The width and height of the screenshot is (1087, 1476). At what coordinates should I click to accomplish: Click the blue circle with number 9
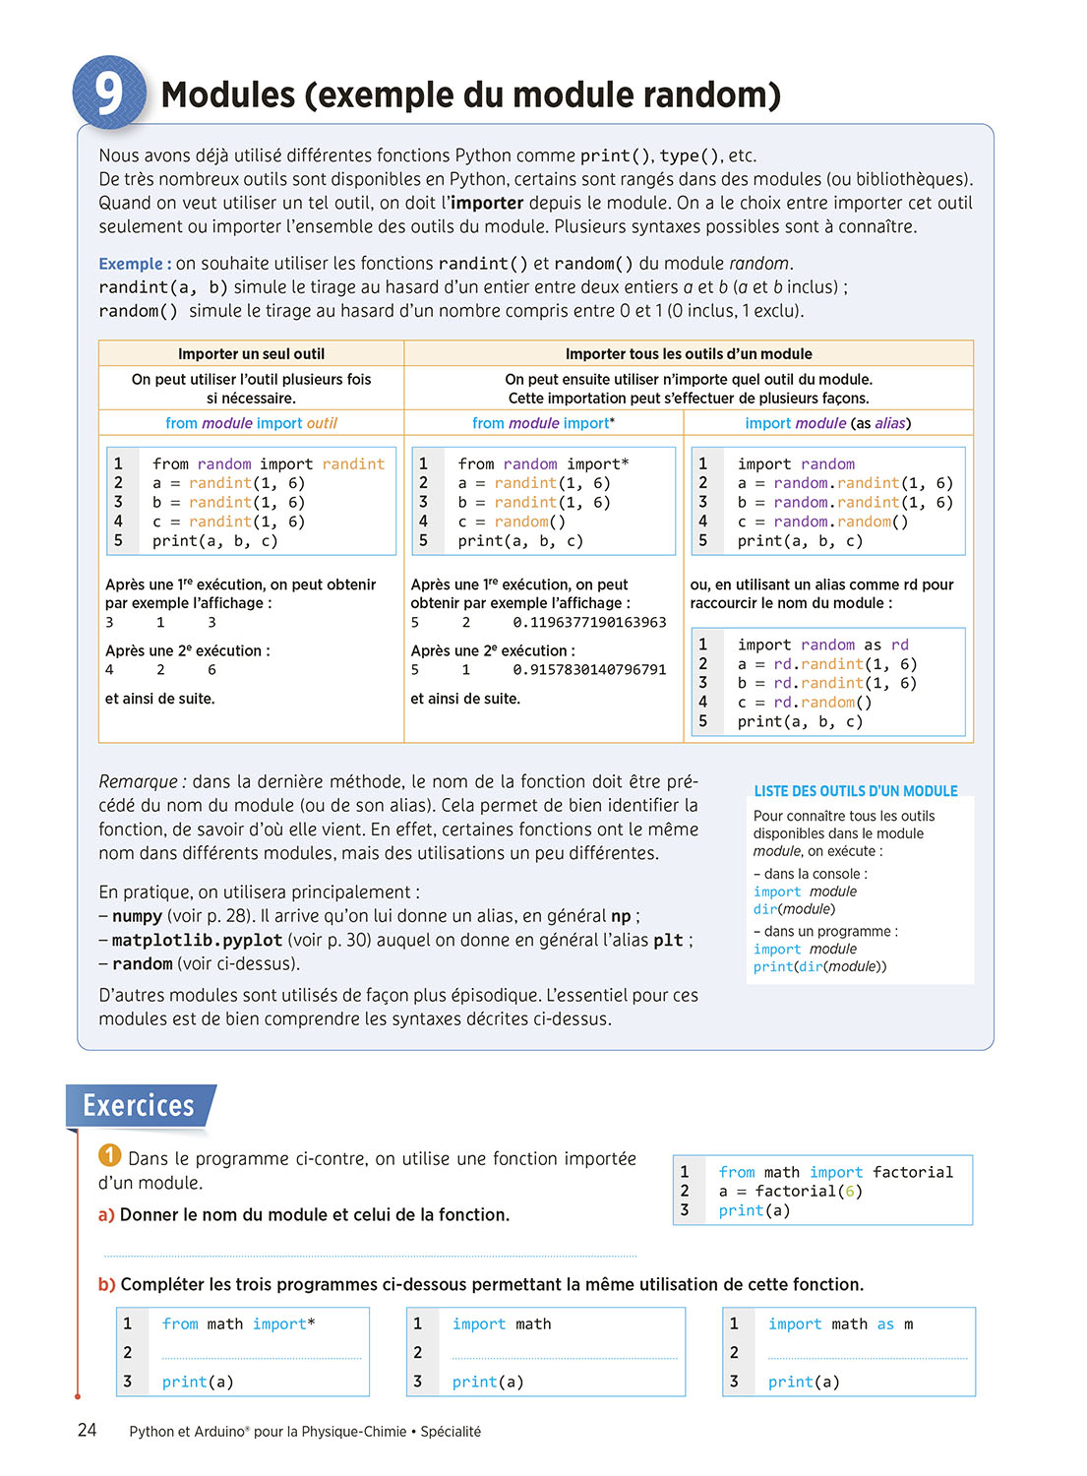coord(109,93)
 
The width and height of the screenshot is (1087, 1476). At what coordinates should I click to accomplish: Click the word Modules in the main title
coord(228,95)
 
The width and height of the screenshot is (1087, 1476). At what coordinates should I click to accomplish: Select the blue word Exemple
coord(131,264)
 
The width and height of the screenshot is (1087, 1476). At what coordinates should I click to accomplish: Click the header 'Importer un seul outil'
coord(251,354)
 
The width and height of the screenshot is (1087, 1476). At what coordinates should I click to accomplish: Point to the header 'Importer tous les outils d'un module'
coord(689,354)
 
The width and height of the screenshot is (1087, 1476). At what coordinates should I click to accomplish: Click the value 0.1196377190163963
coord(589,623)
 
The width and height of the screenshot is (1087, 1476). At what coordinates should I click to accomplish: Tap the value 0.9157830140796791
coord(589,670)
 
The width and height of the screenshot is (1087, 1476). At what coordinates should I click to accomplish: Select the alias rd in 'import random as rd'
coord(899,645)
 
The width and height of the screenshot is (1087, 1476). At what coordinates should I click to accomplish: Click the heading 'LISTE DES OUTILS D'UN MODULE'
coord(856,791)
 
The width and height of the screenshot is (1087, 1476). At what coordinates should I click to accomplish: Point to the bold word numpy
coord(137,916)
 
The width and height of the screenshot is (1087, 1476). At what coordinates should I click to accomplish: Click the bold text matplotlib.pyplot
coord(197,941)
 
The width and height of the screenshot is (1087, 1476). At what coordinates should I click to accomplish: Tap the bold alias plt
coord(668,941)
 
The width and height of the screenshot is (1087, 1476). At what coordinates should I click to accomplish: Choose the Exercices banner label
coord(139,1106)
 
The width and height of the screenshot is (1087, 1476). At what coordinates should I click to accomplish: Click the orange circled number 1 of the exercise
coord(110,1155)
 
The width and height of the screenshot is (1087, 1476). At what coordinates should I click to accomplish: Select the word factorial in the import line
coord(913,1172)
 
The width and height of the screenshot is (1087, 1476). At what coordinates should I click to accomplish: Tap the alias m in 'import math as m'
coord(908,1324)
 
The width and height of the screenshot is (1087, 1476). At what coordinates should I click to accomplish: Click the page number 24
coord(88,1431)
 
